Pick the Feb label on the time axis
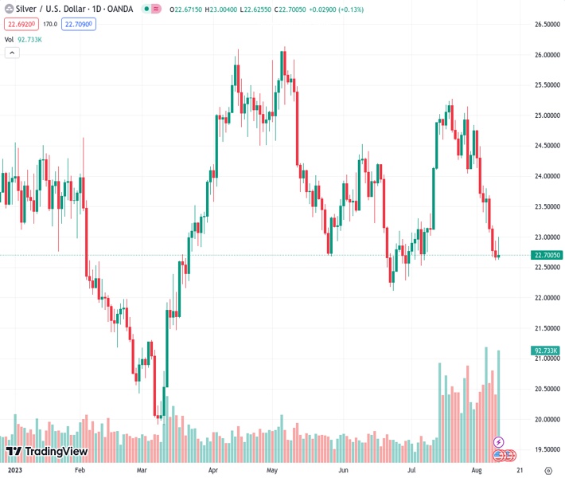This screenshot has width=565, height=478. coord(79,470)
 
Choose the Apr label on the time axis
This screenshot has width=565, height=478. coord(212,470)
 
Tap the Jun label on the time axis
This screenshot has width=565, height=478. coord(343,470)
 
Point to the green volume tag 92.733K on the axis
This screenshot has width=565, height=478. coord(545,351)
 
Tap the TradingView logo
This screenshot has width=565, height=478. coord(47,452)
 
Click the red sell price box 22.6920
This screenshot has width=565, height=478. coord(21,25)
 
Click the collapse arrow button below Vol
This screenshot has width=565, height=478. coord(12,53)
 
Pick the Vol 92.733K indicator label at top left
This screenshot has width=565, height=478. coord(24,39)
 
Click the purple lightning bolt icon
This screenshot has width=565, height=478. coord(499,441)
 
